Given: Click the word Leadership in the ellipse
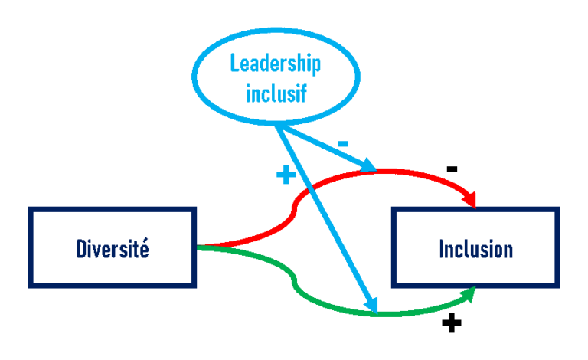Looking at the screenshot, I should [x=275, y=64].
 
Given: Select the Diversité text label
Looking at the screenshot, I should [x=113, y=249].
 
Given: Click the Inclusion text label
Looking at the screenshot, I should [x=475, y=249].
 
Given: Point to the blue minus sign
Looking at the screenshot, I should [x=343, y=143].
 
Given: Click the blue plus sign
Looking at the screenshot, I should [x=286, y=175].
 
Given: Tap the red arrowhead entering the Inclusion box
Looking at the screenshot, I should [x=470, y=200].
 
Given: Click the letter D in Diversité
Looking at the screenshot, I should [x=81, y=249].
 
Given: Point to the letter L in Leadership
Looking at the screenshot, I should [x=235, y=64].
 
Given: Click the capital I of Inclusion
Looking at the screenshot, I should [x=441, y=249].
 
